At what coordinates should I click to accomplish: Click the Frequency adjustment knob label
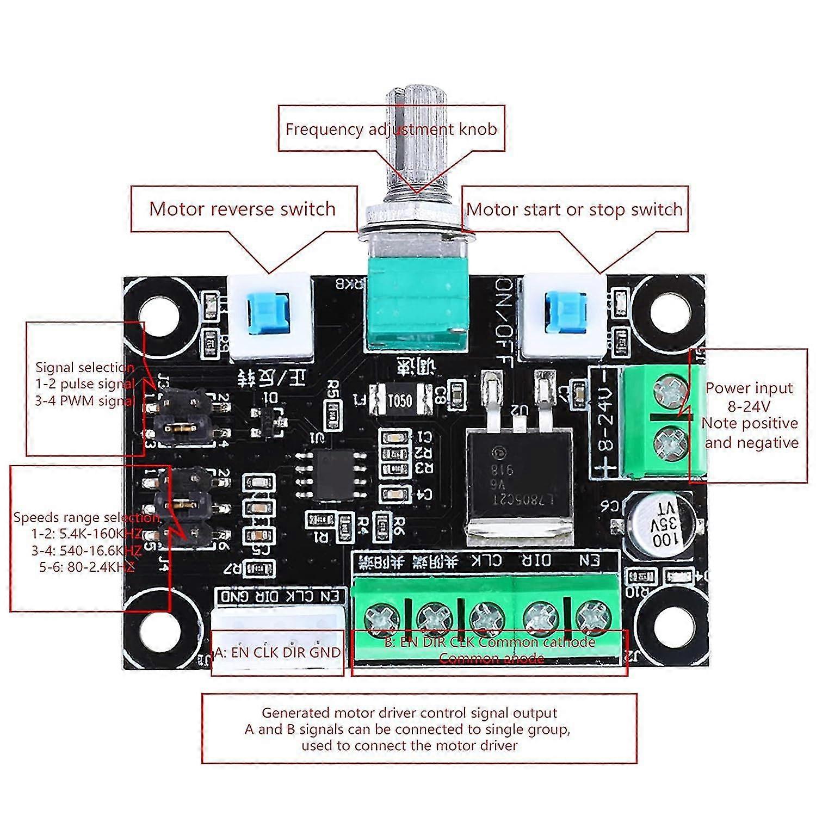tap(391, 129)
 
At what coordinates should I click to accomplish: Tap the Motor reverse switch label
tap(242, 209)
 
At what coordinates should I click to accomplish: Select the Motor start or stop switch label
tap(574, 209)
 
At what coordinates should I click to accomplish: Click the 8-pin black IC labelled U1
tap(332, 474)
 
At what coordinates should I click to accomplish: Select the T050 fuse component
tap(399, 401)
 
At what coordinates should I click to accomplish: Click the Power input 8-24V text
tap(749, 397)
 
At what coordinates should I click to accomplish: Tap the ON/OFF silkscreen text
tap(503, 324)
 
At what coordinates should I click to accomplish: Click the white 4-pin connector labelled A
tap(278, 626)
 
